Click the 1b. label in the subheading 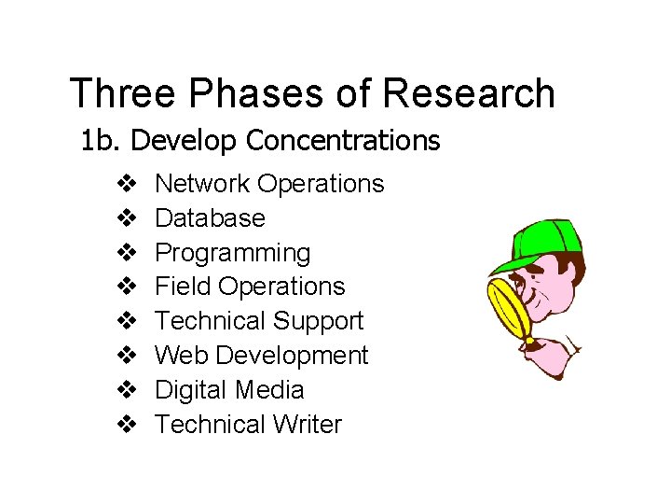coord(102,141)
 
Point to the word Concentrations coord(343,141)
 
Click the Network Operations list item coord(269,184)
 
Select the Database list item coord(210,218)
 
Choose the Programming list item coord(232,253)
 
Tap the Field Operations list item coord(250,287)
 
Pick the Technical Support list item coord(259,321)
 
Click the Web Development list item coord(261,356)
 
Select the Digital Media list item coord(229,390)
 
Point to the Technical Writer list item coord(248,425)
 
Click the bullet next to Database coord(128,218)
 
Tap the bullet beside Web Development coord(128,356)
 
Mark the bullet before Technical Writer coord(128,425)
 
